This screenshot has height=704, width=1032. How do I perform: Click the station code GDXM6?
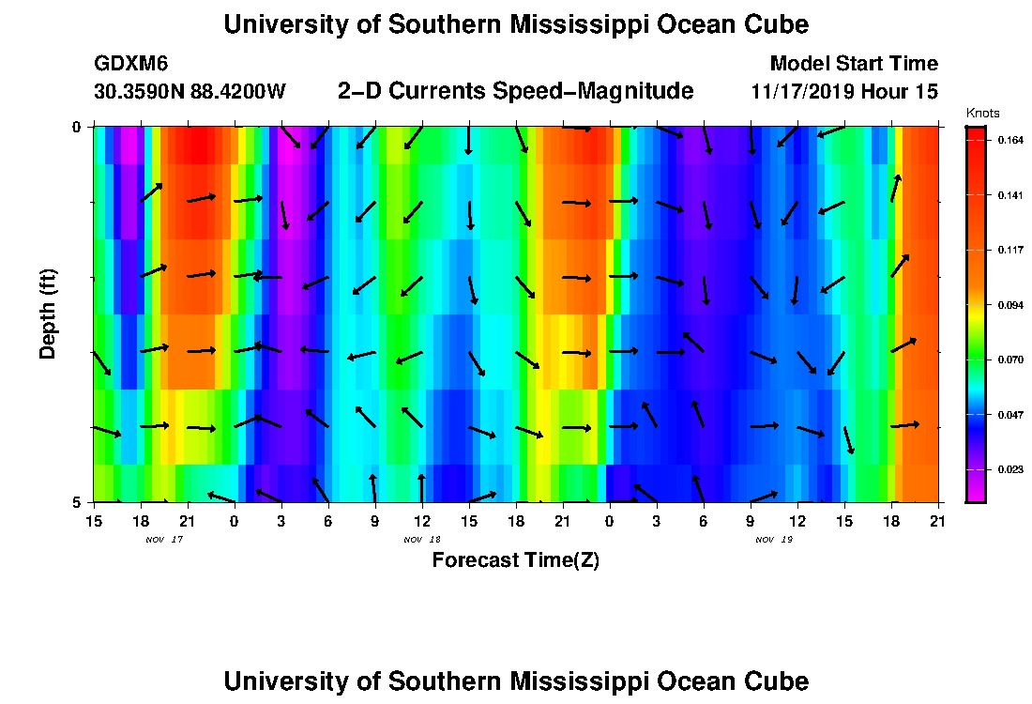pyautogui.click(x=131, y=64)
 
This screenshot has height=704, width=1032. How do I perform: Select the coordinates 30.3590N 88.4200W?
pyautogui.click(x=190, y=92)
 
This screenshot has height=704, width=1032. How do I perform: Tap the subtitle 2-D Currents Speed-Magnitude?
pyautogui.click(x=515, y=91)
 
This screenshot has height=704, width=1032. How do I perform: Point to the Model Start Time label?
pyautogui.click(x=853, y=64)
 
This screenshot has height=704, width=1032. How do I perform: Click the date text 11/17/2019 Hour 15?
pyautogui.click(x=844, y=92)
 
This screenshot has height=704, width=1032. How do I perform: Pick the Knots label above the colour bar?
pyautogui.click(x=982, y=113)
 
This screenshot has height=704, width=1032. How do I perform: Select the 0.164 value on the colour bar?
pyautogui.click(x=1009, y=140)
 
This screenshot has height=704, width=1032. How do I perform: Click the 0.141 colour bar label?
pyautogui.click(x=1009, y=195)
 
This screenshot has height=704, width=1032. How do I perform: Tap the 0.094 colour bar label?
pyautogui.click(x=1009, y=305)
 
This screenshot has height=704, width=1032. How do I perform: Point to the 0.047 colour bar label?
pyautogui.click(x=1009, y=415)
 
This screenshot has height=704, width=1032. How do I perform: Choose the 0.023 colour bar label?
pyautogui.click(x=1009, y=469)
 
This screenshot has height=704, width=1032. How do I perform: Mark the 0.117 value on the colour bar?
pyautogui.click(x=1009, y=250)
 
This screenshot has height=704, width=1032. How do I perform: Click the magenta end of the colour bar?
pyautogui.click(x=976, y=494)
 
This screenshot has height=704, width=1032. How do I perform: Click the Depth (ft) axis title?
pyautogui.click(x=48, y=313)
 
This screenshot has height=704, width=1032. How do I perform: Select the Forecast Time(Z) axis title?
pyautogui.click(x=515, y=560)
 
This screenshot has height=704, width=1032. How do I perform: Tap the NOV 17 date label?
pyautogui.click(x=161, y=540)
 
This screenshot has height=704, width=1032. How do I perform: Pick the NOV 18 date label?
pyautogui.click(x=421, y=540)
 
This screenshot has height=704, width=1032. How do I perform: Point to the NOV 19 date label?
pyautogui.click(x=773, y=540)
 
